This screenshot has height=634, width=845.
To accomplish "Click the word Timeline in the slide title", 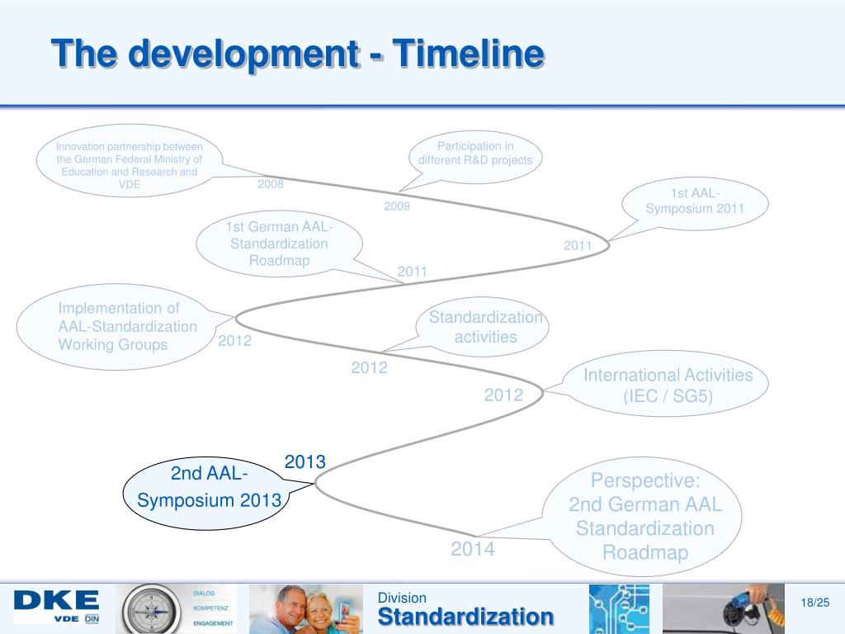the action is (x=467, y=54).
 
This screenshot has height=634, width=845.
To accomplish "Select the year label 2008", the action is (x=270, y=184).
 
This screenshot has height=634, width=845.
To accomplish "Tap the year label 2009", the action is (x=397, y=206).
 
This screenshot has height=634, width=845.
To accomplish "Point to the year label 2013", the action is (x=305, y=462).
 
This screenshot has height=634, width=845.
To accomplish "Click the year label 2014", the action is (x=473, y=549).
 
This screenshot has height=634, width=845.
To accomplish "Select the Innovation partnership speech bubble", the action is (x=130, y=165).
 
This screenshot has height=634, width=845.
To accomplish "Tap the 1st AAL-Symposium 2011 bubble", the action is (x=695, y=201).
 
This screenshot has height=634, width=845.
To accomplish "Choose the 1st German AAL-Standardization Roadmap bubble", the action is (x=279, y=244).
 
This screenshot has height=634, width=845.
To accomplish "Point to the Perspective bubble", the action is (x=644, y=516).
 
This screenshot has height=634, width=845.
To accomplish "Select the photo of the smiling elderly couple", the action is (x=306, y=609).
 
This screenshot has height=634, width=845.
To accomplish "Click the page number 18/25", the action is (x=815, y=603).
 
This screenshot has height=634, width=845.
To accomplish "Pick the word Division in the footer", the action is (x=402, y=598).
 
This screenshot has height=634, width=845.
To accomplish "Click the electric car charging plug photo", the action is (x=723, y=609).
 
